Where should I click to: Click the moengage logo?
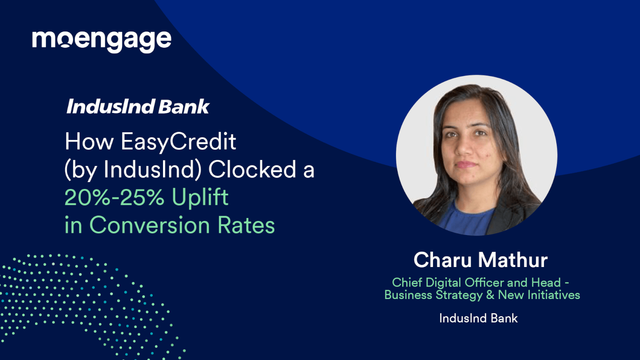click(102, 40)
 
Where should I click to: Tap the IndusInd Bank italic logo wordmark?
click(138, 107)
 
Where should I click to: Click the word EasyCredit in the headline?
click(178, 142)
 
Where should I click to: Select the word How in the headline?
click(89, 142)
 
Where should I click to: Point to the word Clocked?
click(252, 170)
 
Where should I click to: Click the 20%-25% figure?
click(114, 197)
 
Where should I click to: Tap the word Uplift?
click(200, 197)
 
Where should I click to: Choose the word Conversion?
click(149, 225)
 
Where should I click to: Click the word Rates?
click(246, 225)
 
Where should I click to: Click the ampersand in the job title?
click(490, 295)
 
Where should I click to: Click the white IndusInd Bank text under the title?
click(478, 318)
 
